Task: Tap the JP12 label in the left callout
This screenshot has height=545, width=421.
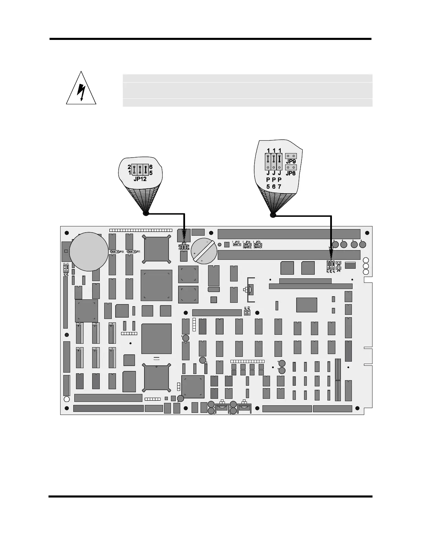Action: (140, 179)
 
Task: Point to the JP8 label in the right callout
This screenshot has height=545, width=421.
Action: (291, 173)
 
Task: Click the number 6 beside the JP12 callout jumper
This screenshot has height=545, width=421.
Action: (151, 167)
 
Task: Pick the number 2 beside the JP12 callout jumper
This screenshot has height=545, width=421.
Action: (129, 167)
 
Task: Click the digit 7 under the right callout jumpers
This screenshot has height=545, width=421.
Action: (280, 187)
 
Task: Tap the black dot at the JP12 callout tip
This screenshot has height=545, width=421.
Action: (146, 214)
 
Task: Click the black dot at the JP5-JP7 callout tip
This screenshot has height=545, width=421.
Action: (273, 215)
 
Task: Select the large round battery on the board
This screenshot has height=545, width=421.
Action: (89, 251)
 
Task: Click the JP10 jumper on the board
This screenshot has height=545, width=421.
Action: (113, 252)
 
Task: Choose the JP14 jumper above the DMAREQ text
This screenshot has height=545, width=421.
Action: (247, 245)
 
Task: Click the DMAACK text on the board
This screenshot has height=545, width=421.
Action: (258, 247)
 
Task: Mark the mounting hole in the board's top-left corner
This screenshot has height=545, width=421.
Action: (67, 232)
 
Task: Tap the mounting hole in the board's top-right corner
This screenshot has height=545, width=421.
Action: (367, 232)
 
